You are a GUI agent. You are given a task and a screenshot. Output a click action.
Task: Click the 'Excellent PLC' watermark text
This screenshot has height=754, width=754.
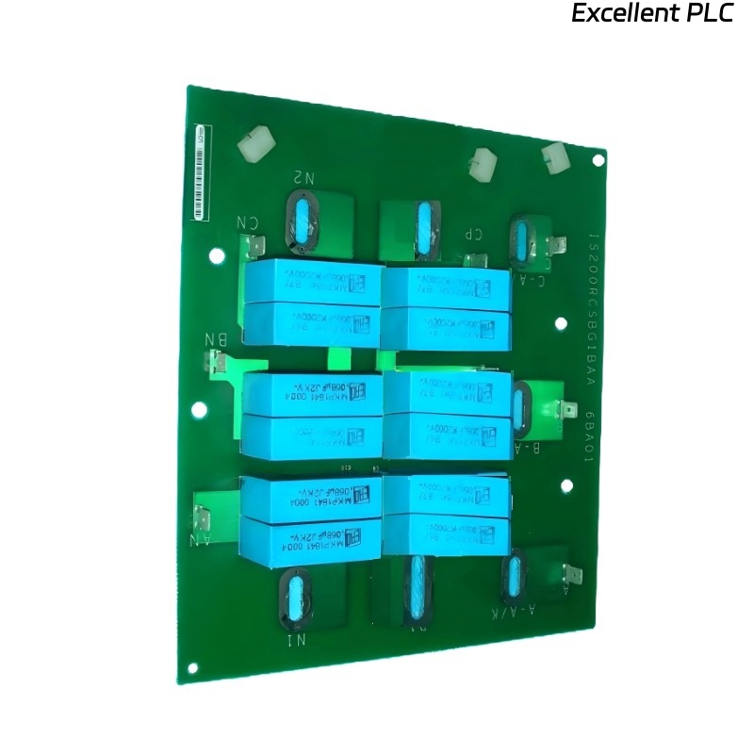651,14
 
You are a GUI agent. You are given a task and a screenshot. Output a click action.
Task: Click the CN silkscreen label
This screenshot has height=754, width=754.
247,223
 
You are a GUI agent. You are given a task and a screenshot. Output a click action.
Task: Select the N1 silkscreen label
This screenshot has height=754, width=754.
295,642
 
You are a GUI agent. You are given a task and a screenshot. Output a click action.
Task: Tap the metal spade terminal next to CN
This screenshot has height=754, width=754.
255,248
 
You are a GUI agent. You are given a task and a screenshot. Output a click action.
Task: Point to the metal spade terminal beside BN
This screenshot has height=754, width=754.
221,364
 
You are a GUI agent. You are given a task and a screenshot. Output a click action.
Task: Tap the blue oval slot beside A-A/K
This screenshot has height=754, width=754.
513,576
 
